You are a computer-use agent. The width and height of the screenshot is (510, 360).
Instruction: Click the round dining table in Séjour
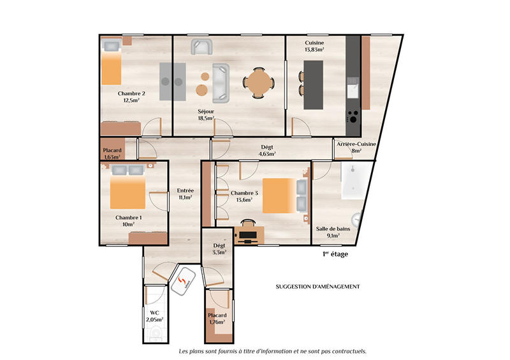259,82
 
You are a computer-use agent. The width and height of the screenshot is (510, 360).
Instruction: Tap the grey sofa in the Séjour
221,83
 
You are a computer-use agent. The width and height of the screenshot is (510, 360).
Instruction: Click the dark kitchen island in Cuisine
314,84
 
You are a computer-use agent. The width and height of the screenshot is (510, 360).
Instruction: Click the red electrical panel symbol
184,282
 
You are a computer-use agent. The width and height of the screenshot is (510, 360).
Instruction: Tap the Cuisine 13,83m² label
314,45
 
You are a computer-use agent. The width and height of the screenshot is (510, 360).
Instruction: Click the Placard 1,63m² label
112,154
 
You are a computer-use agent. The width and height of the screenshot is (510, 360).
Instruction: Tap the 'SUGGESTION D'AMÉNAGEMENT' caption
317,287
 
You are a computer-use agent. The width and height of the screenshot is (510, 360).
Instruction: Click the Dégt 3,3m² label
219,249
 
